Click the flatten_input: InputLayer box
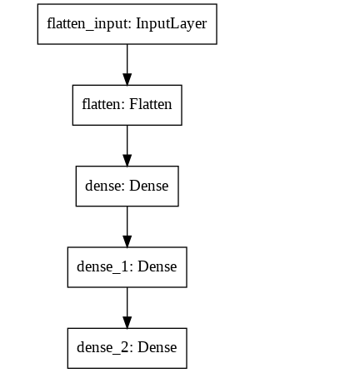[x=127, y=24]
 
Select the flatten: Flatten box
[x=127, y=105]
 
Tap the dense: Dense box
[x=127, y=187]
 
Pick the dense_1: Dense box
[x=127, y=267]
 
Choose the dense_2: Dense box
[x=127, y=348]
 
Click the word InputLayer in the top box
[x=172, y=24]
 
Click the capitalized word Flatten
[x=151, y=104]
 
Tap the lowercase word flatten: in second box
[x=104, y=104]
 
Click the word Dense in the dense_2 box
[x=157, y=347]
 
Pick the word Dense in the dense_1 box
[x=157, y=266]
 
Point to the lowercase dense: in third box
[x=105, y=186]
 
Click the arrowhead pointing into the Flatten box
[x=127, y=79]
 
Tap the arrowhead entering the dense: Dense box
[x=127, y=161]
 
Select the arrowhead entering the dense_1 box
[x=127, y=241]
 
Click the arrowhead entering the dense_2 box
[x=127, y=323]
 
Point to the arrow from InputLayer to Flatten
[x=127, y=65]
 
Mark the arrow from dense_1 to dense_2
[x=127, y=308]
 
